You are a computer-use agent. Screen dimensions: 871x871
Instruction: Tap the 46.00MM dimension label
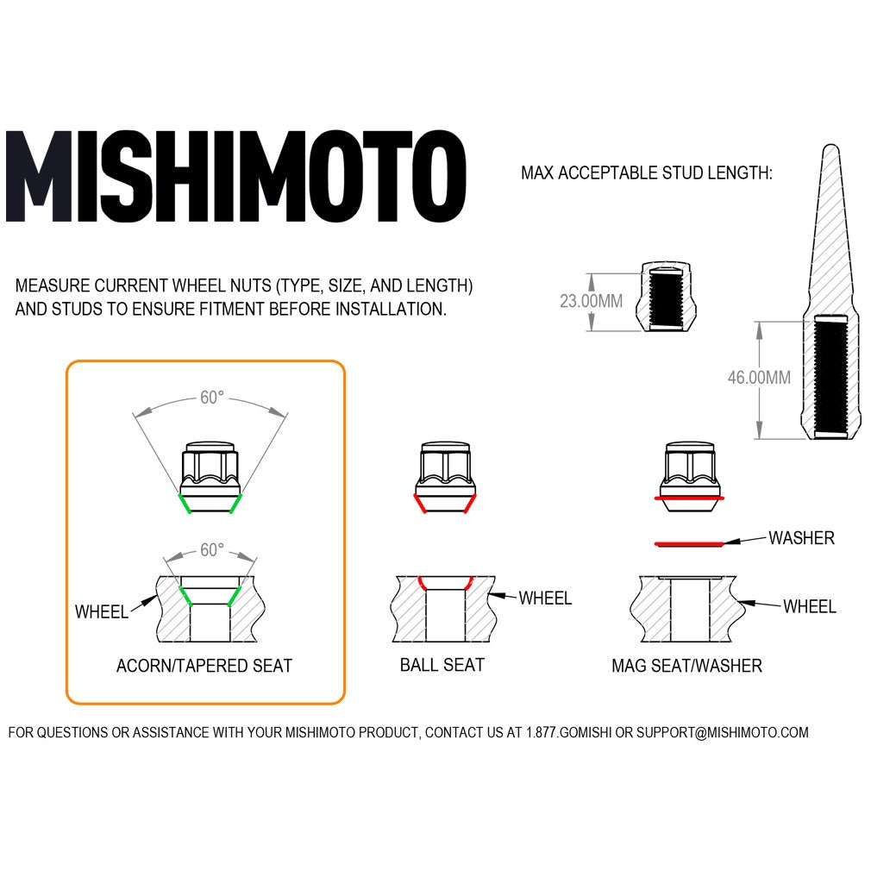759,377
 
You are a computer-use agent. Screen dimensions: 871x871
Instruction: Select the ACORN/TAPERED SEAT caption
204,666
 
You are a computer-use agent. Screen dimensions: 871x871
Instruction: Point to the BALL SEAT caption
442,665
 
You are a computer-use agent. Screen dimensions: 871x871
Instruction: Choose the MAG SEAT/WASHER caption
687,666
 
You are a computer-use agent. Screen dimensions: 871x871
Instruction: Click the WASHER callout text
801,538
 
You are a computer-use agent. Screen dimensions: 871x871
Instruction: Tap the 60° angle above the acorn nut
212,398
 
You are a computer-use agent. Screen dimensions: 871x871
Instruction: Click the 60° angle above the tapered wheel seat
212,549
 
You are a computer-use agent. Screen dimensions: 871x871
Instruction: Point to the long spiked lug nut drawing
832,293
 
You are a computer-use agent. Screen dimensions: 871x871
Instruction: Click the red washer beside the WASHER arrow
688,544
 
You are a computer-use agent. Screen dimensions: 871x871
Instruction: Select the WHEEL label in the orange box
101,612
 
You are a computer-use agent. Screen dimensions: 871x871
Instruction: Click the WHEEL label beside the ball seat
545,598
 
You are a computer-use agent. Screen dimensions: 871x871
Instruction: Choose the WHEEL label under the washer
809,607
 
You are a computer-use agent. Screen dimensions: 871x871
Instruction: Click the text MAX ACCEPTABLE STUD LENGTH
647,173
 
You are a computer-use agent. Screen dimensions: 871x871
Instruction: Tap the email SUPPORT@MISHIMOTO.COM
723,733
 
